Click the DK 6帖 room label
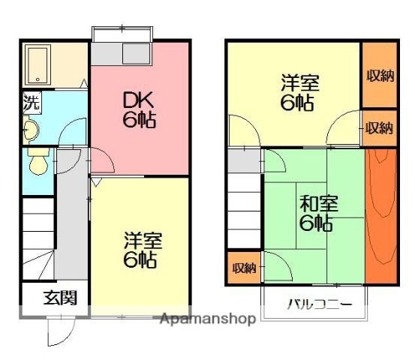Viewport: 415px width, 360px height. click(139, 109)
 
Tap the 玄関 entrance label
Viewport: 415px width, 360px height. click(59, 298)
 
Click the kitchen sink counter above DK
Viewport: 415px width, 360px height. click(123, 54)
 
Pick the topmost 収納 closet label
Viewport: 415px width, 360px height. click(379, 75)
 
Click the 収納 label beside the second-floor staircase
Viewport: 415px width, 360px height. click(243, 268)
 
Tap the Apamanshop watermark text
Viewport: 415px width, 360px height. click(208, 319)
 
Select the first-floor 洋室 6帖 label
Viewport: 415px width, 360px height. click(140, 250)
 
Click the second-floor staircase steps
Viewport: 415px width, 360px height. click(243, 210)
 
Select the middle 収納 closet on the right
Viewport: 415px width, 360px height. click(379, 127)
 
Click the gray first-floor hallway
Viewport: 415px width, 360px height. click(71, 217)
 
